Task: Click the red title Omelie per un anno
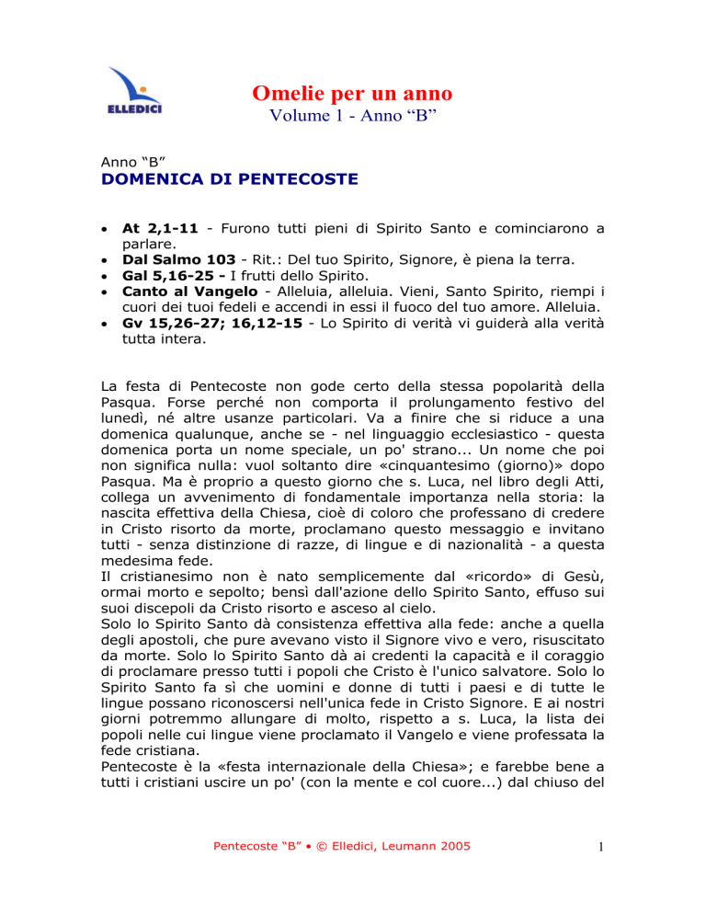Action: click(352, 93)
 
